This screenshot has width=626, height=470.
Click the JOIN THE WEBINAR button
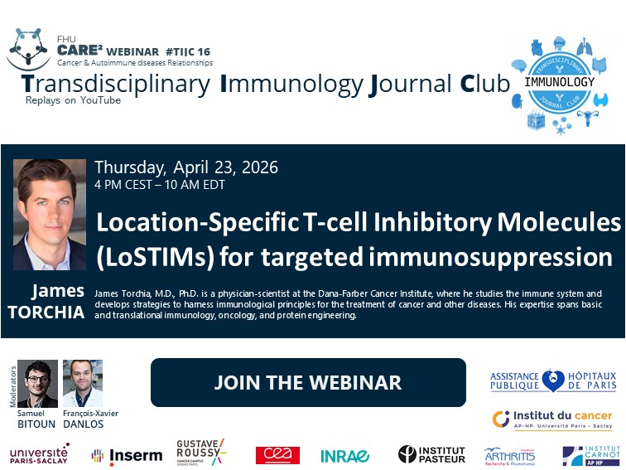click(x=308, y=382)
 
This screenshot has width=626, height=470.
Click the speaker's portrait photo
click(x=50, y=215)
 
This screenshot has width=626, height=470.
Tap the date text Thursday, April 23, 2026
click(x=186, y=167)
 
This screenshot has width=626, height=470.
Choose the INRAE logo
click(x=345, y=455)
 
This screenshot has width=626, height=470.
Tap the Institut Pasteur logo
click(x=431, y=454)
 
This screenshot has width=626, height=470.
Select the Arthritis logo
click(x=509, y=455)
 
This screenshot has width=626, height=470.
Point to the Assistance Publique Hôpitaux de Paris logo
click(x=551, y=380)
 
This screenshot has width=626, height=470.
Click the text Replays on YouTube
click(x=73, y=100)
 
